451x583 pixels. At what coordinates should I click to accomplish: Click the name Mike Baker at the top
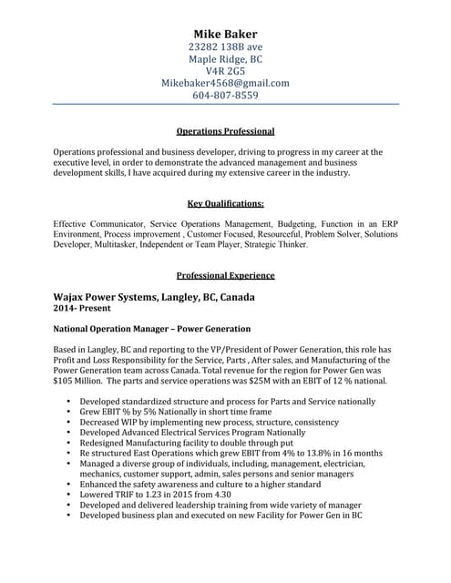click(x=225, y=34)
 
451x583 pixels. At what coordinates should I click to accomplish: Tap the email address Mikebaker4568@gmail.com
click(x=225, y=83)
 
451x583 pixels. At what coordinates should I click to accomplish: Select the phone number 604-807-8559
click(x=225, y=96)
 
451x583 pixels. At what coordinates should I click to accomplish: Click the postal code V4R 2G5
click(x=225, y=71)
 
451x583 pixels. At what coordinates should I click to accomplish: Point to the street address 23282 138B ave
click(x=225, y=46)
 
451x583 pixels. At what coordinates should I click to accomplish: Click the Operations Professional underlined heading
click(x=225, y=131)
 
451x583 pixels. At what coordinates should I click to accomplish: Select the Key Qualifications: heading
click(x=225, y=203)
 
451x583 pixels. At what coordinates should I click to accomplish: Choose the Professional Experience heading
click(x=225, y=275)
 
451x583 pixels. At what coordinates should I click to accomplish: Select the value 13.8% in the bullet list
click(x=302, y=453)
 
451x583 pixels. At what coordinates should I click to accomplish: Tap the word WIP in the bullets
click(x=137, y=423)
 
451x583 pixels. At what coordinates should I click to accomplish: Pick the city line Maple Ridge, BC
click(x=225, y=59)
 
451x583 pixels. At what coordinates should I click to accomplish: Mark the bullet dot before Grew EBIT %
click(x=68, y=413)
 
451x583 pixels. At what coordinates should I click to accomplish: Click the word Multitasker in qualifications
click(x=126, y=245)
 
